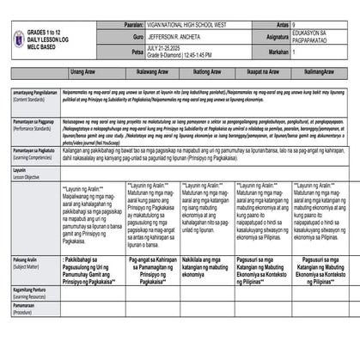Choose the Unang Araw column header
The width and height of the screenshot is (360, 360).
[x=82, y=72]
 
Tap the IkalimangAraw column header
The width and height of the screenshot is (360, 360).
[x=321, y=72]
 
